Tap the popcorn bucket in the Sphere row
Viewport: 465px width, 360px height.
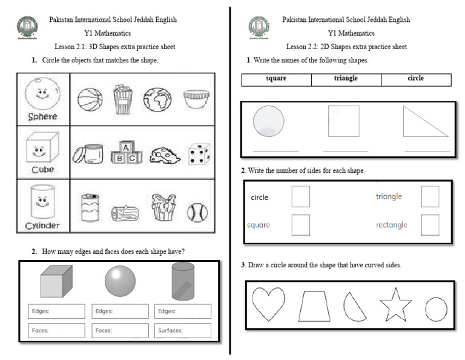(122, 99)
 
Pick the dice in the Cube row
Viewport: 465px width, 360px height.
(198, 154)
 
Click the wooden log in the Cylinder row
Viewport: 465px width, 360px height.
(124, 213)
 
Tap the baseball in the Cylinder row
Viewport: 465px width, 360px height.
(197, 212)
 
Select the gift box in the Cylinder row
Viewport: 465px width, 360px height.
(162, 208)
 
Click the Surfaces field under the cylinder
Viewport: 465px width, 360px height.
(183, 330)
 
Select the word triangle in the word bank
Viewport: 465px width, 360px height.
(346, 79)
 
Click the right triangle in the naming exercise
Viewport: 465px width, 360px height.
(424, 124)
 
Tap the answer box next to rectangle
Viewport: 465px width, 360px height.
(430, 225)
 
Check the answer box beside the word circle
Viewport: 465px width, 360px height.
(300, 196)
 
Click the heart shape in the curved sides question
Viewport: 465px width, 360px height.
(268, 303)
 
